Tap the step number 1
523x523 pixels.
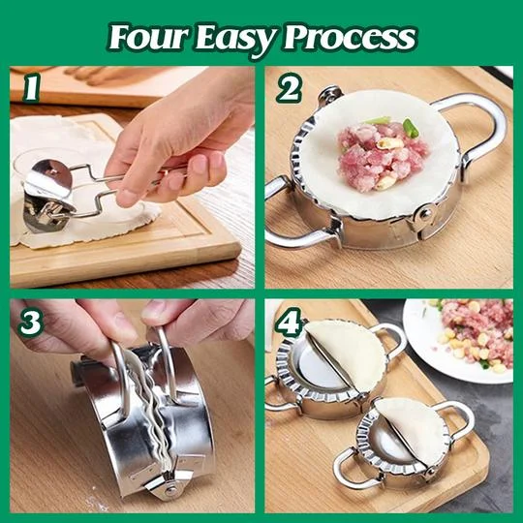coord(31,89)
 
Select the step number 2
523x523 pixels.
coord(288,89)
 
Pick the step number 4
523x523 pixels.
coord(289,322)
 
